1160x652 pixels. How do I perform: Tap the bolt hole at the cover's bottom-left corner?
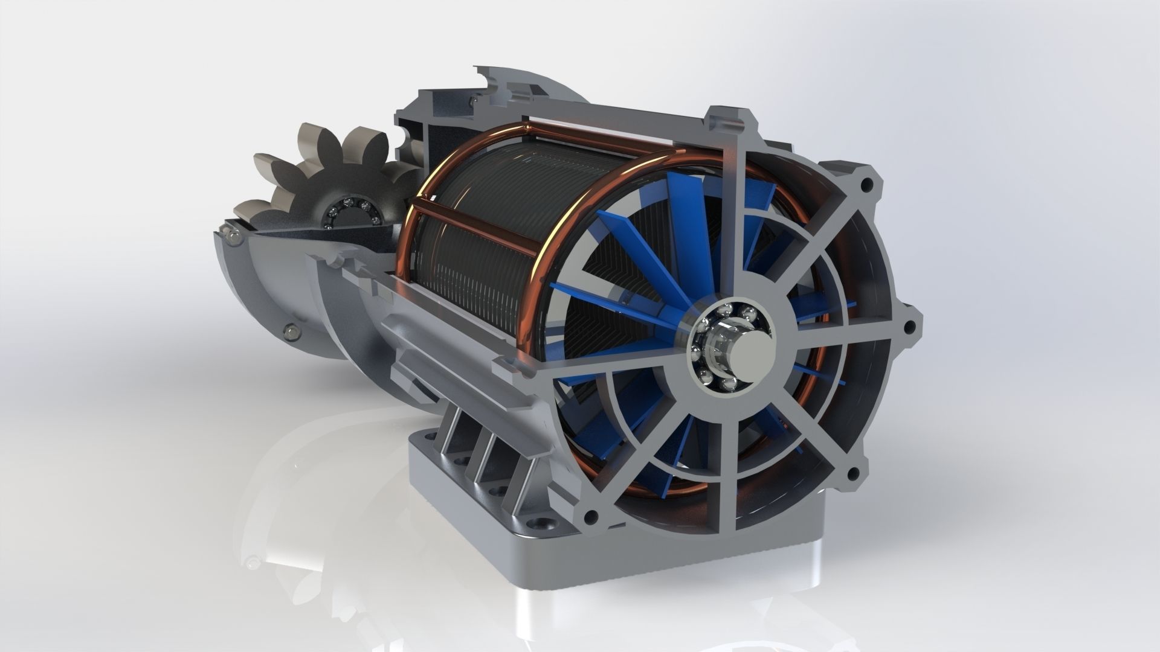coord(591,515)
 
